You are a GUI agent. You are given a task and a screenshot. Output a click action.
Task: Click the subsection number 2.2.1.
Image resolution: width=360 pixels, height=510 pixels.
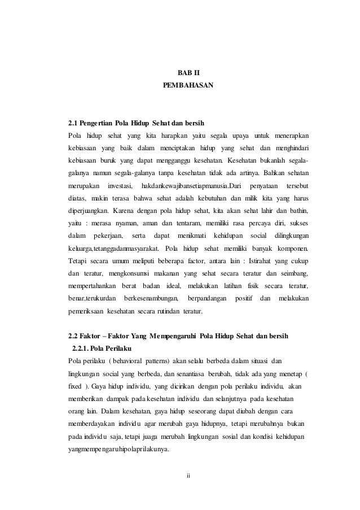(83, 348)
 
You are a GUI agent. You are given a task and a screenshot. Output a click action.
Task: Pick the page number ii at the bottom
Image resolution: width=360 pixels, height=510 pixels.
(188, 473)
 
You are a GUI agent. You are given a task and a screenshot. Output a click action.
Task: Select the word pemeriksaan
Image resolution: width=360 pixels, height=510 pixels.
(86, 310)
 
